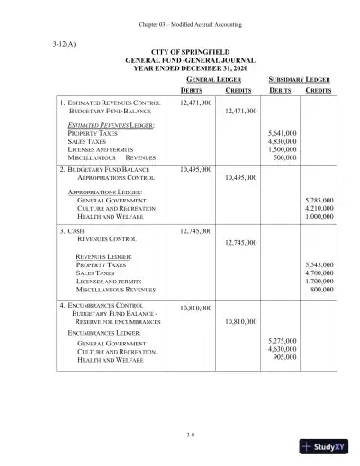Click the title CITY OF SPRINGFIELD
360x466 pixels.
pyautogui.click(x=180, y=54)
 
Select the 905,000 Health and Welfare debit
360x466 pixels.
pyautogui.click(x=284, y=356)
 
